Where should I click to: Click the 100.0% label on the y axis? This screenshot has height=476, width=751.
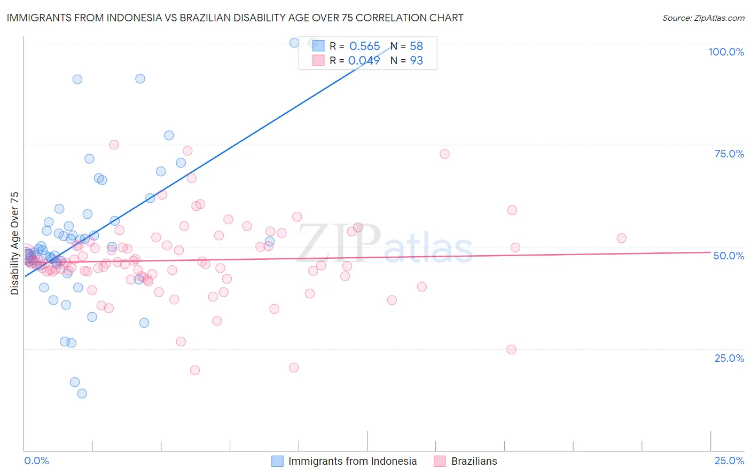(x=726, y=52)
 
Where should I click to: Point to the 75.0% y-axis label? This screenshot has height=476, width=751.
(x=729, y=154)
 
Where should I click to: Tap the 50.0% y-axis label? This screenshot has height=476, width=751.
(x=729, y=256)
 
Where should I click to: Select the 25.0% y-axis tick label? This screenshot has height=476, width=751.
(x=729, y=358)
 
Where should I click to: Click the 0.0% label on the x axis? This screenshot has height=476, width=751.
(x=36, y=461)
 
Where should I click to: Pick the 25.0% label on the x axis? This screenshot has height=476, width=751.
(x=729, y=461)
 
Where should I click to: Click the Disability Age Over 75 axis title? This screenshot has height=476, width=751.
(x=14, y=243)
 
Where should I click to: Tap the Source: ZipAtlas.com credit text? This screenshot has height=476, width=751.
(x=703, y=18)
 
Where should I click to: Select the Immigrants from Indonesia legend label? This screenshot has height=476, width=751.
(x=352, y=461)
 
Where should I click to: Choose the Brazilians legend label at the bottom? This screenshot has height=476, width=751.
(x=474, y=461)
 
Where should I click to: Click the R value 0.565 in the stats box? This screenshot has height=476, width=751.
(x=364, y=46)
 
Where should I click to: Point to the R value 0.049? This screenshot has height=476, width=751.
(x=364, y=60)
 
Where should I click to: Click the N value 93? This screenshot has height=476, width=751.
(x=416, y=60)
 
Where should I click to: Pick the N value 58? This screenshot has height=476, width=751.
(x=416, y=46)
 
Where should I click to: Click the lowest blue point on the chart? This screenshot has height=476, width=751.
(x=82, y=393)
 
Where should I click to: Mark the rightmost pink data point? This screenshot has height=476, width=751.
(x=621, y=238)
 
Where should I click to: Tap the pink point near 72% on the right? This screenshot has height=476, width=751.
(x=444, y=154)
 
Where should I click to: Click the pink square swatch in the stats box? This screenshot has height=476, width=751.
(x=318, y=60)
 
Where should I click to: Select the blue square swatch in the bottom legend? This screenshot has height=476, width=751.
(x=277, y=461)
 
